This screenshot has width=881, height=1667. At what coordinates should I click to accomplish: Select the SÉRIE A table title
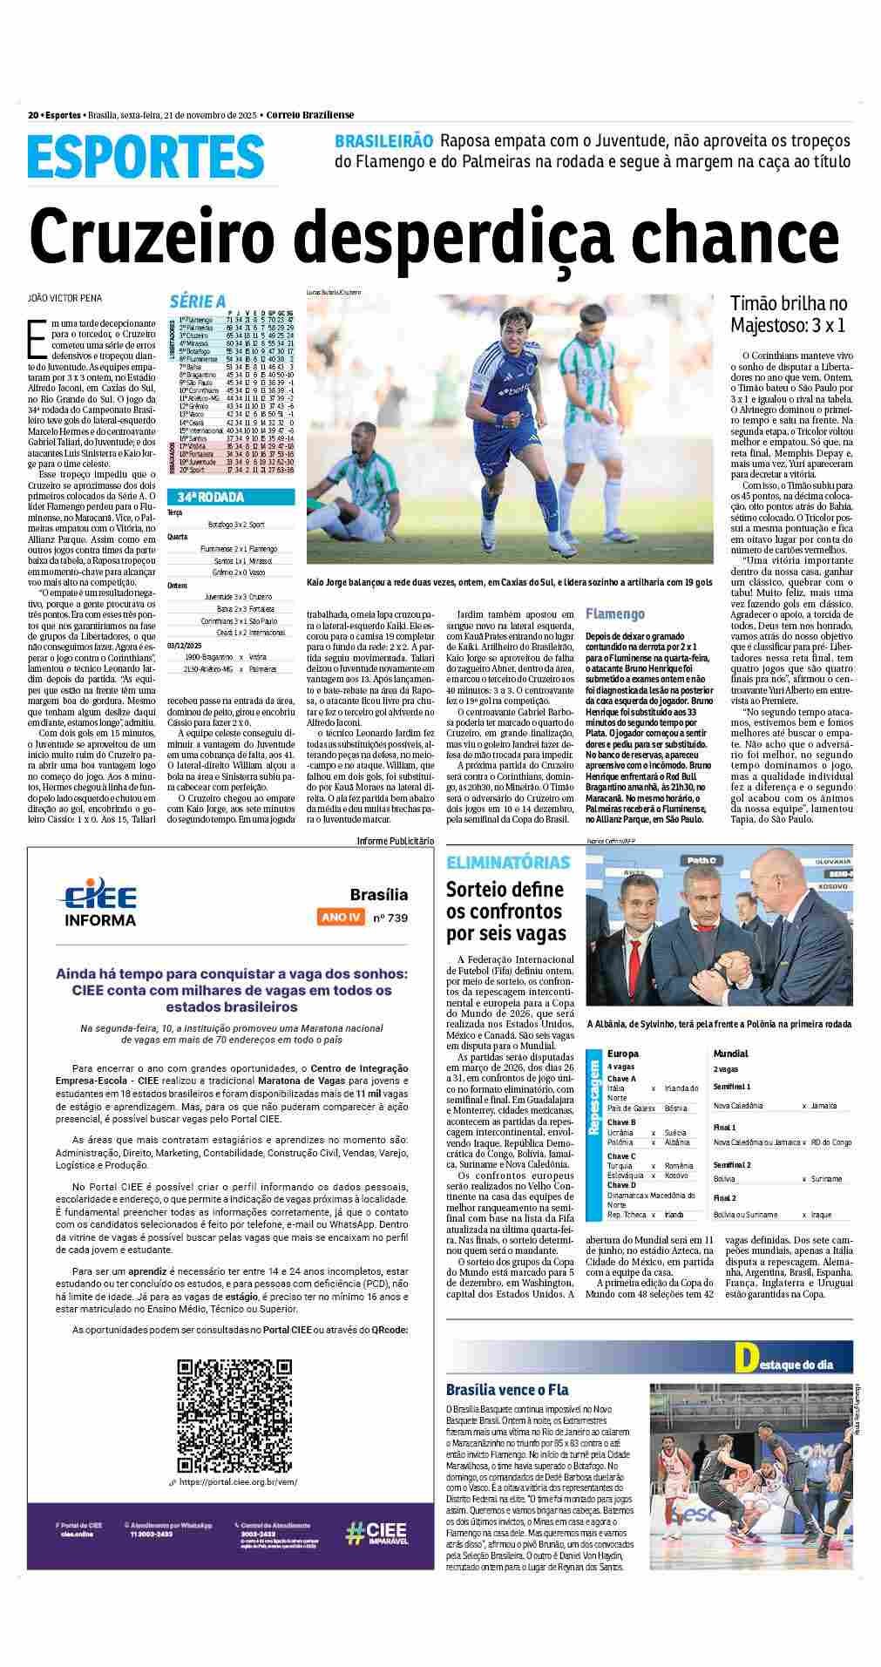point(197,302)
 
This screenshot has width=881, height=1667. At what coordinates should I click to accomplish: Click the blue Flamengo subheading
point(615,613)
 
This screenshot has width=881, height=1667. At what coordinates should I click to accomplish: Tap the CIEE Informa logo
point(97,905)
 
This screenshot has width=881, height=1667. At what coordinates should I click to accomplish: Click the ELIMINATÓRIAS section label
point(508,863)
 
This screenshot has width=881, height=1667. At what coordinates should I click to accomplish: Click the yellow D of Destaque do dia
point(744,1358)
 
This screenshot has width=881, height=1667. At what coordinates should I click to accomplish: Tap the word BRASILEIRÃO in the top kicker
point(383,141)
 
